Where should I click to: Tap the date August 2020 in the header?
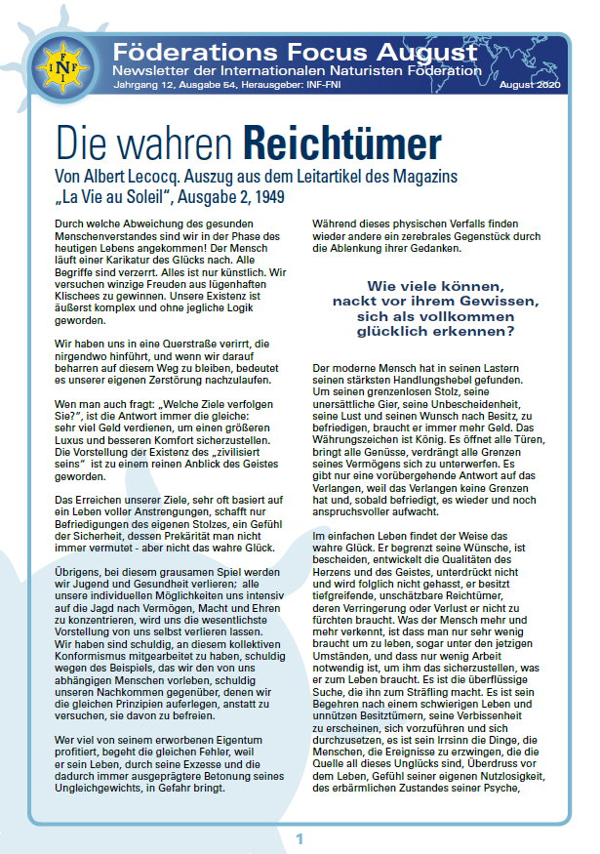click(536, 87)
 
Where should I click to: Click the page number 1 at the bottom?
click(300, 838)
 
